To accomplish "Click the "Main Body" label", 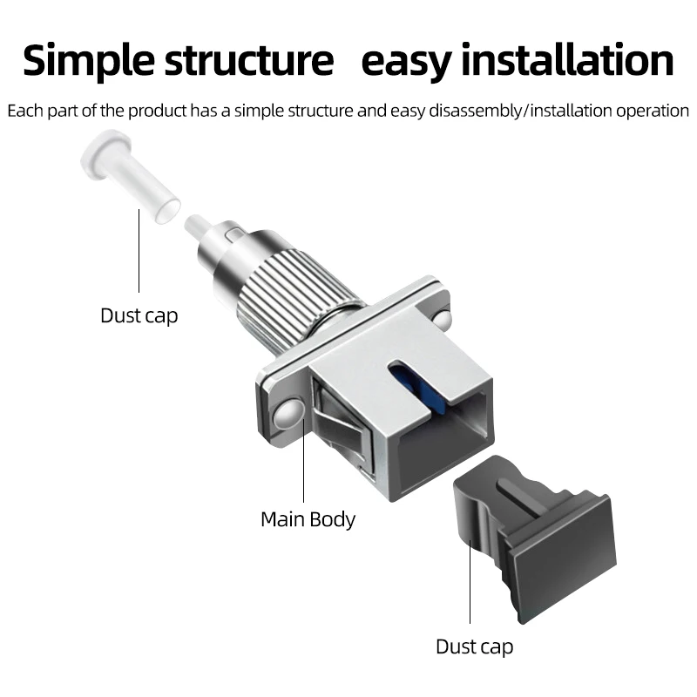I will tap(308, 520).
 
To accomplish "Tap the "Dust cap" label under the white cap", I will tap(139, 315).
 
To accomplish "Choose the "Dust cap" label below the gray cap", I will tap(474, 646).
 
